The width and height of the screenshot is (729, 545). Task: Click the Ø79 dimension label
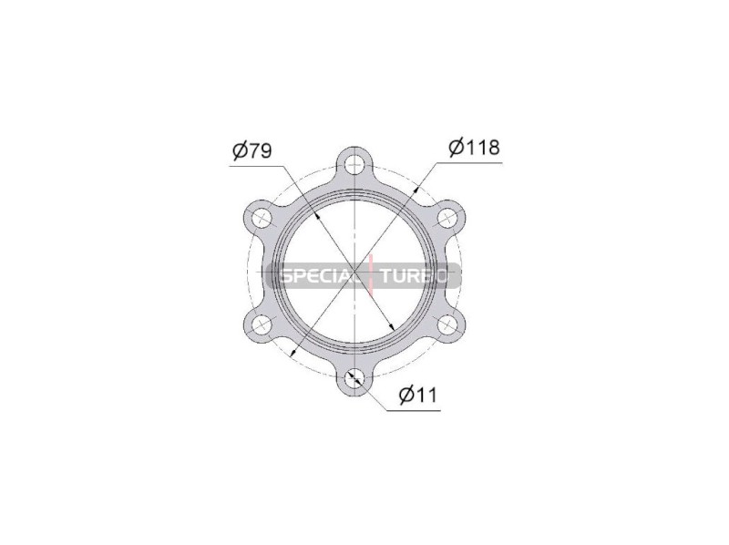[x=252, y=150]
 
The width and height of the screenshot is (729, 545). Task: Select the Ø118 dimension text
[x=474, y=148]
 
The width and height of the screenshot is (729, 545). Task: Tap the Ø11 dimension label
[x=418, y=396]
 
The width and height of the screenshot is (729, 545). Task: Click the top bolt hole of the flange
[x=354, y=163]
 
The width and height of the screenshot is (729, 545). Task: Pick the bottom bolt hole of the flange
[x=354, y=377]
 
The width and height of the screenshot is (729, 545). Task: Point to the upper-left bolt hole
[x=262, y=217]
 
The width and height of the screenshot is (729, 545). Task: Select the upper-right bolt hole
[x=447, y=217]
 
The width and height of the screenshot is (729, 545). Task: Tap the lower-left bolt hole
[x=262, y=324]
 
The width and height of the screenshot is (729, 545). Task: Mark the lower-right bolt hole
[x=447, y=324]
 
